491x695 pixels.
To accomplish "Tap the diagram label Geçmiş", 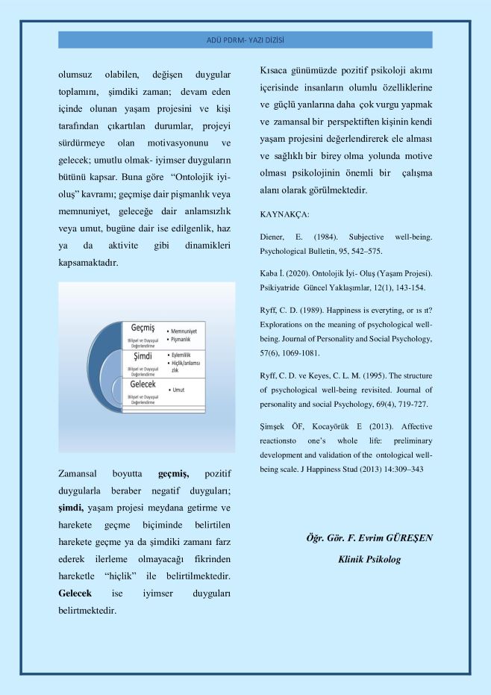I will pyautogui.click(x=142, y=328).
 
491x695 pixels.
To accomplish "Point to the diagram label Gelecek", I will pyautogui.click(x=143, y=384).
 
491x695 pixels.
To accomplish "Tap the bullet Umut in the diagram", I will pyautogui.click(x=179, y=390).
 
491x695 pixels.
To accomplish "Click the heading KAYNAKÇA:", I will pyautogui.click(x=284, y=214).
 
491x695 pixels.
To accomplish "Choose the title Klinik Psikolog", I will pyautogui.click(x=369, y=558).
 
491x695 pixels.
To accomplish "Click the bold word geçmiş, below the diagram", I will pyautogui.click(x=174, y=473).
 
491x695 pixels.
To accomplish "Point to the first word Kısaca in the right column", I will pyautogui.click(x=276, y=70).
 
